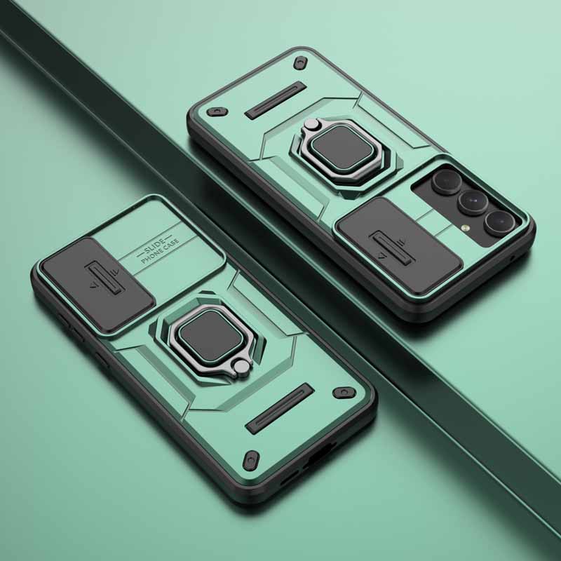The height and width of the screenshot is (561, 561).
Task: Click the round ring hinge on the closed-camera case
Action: coord(241,365)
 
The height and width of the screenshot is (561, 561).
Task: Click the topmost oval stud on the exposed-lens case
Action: coord(301,61)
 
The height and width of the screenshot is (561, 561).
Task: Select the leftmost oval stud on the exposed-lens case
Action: coord(216,111)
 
